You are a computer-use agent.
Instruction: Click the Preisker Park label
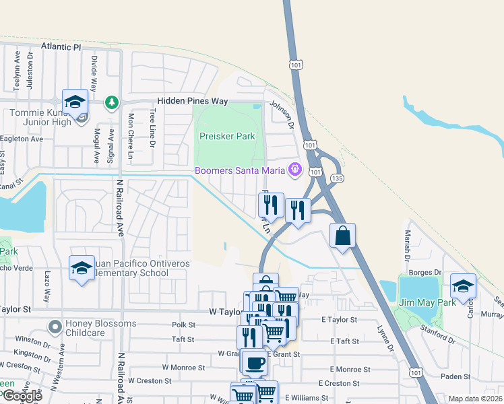click(x=227, y=136)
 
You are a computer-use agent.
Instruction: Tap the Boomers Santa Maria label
click(x=240, y=170)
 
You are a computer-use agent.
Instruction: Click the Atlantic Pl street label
click(x=60, y=47)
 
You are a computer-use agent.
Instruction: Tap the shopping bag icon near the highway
click(x=342, y=236)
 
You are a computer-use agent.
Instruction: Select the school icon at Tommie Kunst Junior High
click(x=75, y=102)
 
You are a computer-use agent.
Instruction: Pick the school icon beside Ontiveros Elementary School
click(x=82, y=268)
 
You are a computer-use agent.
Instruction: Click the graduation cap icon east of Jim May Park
click(x=463, y=286)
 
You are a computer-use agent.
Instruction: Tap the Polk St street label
click(x=183, y=325)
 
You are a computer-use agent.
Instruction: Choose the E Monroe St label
click(x=350, y=370)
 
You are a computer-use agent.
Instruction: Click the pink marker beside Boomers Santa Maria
click(x=294, y=169)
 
